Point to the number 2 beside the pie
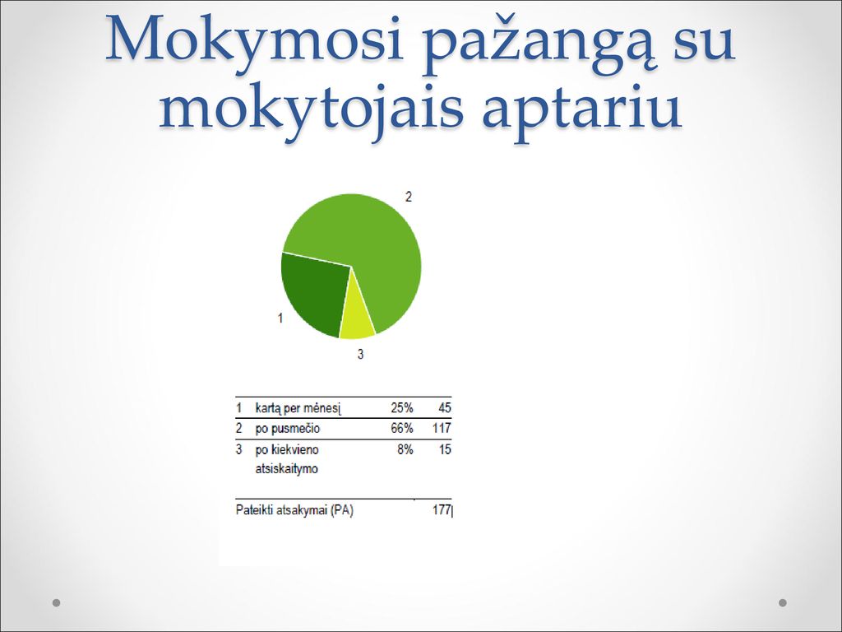[x=409, y=197]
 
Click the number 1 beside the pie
[x=280, y=318]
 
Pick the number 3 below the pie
[x=361, y=354]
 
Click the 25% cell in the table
[x=401, y=408]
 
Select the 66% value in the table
[x=401, y=428]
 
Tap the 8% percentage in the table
[x=405, y=449]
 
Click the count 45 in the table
[x=445, y=408]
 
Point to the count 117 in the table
[x=442, y=428]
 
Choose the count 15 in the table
[x=445, y=449]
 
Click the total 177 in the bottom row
[x=442, y=510]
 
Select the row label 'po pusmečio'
[x=287, y=429]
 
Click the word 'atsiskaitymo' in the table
[x=286, y=468]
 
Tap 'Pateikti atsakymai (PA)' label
[x=294, y=510]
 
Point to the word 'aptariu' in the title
[x=582, y=111]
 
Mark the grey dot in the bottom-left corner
[x=57, y=602]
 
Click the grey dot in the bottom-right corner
[x=783, y=602]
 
